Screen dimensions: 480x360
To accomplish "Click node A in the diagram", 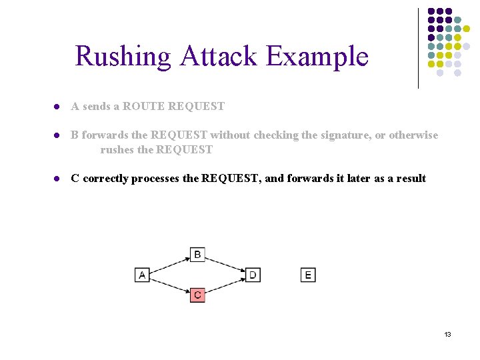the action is click(x=142, y=275).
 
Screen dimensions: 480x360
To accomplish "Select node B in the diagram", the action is click(x=197, y=255).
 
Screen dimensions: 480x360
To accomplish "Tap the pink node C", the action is click(x=197, y=294).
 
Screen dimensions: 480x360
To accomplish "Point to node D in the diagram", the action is click(x=253, y=275).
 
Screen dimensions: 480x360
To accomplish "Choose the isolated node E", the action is click(x=307, y=275).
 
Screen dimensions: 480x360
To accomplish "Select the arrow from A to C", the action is click(x=169, y=285).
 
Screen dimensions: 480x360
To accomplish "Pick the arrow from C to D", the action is click(x=225, y=285).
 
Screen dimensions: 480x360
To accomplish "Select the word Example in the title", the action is click(x=317, y=56).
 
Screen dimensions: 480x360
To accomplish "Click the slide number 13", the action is click(x=447, y=334).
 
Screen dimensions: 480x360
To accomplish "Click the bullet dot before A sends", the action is click(x=58, y=107).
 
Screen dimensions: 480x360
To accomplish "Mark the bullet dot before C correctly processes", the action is click(x=58, y=179).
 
